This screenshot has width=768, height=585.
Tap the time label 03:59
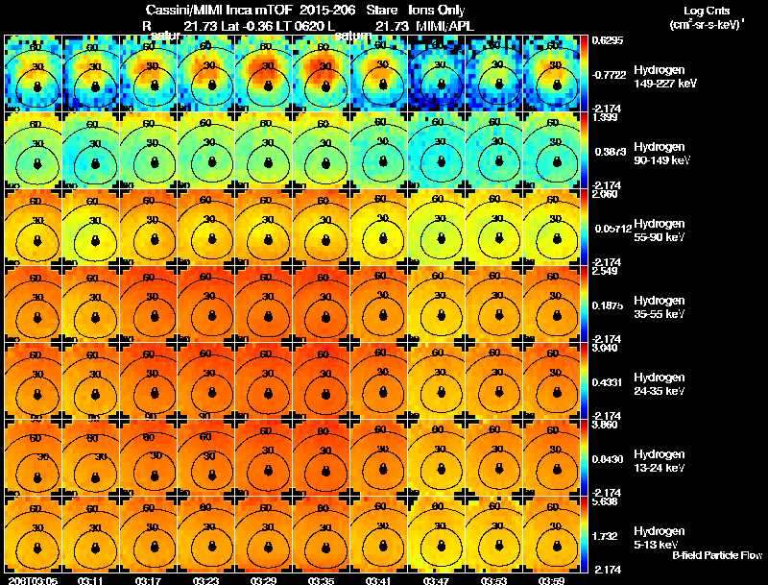(551, 580)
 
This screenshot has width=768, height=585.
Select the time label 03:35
(321, 580)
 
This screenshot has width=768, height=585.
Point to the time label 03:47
(436, 580)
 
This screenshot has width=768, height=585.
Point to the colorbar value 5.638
(605, 500)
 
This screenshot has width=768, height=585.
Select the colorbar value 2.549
(605, 271)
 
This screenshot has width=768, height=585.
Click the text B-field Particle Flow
(716, 555)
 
